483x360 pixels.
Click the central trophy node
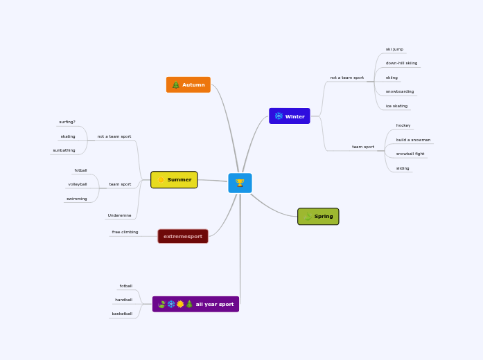point(240,183)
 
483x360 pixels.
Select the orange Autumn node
point(188,84)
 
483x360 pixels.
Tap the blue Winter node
point(289,116)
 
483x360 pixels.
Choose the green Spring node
point(318,217)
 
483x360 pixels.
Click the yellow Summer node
point(174,180)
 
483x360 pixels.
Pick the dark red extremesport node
point(183,236)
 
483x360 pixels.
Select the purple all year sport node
point(195,304)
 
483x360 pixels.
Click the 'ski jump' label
point(394,49)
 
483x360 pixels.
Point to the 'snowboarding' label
point(400,91)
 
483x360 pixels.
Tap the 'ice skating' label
point(396,106)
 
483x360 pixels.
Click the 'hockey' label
point(403,125)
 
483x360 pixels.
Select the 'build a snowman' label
point(413,140)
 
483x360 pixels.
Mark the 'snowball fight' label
point(410,154)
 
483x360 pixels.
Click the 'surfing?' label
point(67,122)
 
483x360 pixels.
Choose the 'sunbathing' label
point(64,150)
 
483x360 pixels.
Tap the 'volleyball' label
point(78,184)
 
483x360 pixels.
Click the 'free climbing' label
point(125,232)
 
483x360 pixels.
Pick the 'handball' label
point(123,300)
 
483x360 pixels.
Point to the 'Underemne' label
point(119,215)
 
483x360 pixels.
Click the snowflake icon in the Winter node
point(279,116)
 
